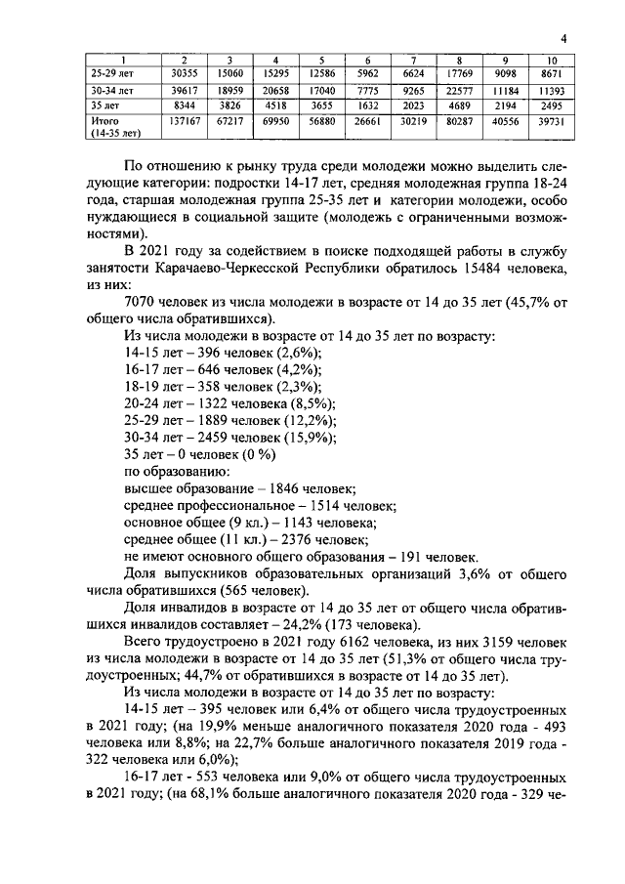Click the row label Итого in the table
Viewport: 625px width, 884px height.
click(104, 121)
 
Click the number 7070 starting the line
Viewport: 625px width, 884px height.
click(142, 302)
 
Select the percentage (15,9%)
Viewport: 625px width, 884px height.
click(309, 438)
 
